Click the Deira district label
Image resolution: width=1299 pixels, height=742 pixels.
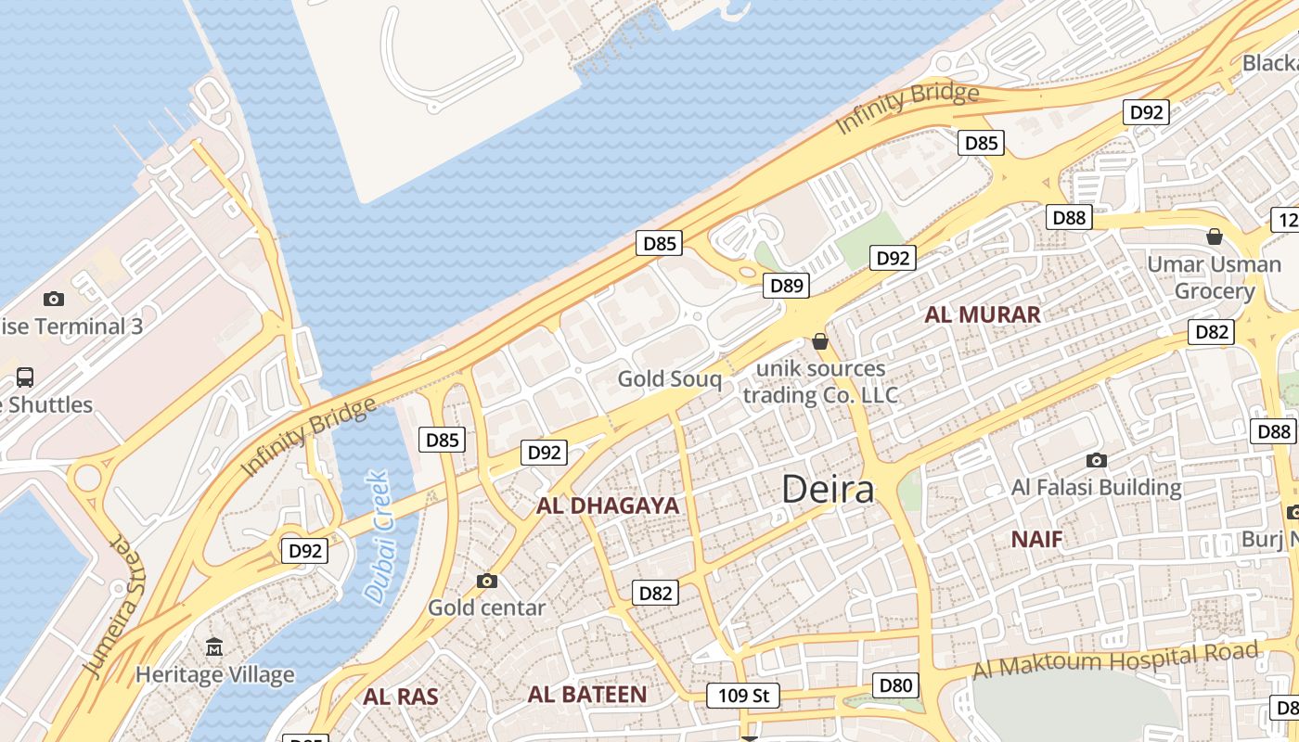(828, 489)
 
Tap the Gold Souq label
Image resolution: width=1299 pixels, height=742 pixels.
(669, 378)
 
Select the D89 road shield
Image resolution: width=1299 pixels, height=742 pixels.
(787, 286)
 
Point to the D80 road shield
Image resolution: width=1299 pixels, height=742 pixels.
(895, 685)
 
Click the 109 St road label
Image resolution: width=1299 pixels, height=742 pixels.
(742, 695)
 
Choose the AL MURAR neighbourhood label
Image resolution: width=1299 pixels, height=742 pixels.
(982, 314)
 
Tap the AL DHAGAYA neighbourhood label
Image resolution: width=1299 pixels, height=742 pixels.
(608, 506)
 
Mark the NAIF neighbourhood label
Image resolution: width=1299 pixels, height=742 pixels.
(1036, 539)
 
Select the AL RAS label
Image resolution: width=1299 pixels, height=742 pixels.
(401, 697)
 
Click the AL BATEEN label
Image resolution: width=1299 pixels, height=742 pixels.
(587, 695)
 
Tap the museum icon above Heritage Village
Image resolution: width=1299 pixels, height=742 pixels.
(215, 646)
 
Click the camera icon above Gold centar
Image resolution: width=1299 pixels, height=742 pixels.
(487, 582)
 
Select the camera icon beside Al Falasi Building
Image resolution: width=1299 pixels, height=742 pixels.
(1097, 460)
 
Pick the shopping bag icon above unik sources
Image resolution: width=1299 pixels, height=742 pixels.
(819, 341)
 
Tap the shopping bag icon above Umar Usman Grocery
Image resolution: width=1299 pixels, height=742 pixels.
(1214, 237)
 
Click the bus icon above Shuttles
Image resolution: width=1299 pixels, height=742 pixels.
(25, 377)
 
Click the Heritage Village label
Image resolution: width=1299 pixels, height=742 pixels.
(214, 674)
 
